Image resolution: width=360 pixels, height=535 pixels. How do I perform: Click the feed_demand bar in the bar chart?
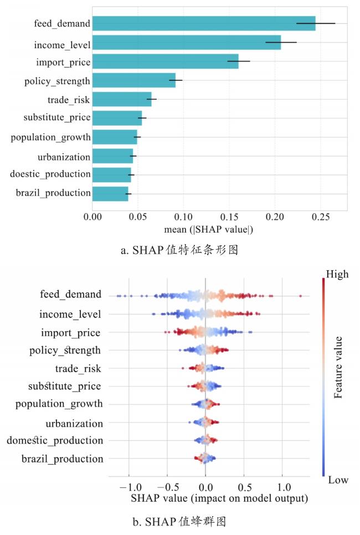pyautogui.click(x=203, y=23)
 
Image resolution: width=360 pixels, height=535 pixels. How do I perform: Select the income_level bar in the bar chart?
pyautogui.click(x=186, y=43)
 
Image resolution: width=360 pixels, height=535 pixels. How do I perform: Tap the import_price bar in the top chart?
pyautogui.click(x=165, y=61)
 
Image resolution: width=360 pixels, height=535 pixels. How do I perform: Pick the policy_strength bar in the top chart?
pyautogui.click(x=133, y=80)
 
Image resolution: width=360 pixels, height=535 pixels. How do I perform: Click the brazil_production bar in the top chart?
pyautogui.click(x=110, y=193)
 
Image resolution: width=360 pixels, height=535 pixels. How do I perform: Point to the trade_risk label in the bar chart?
pyautogui.click(x=69, y=100)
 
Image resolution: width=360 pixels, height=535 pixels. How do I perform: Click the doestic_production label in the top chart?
pyautogui.click(x=50, y=174)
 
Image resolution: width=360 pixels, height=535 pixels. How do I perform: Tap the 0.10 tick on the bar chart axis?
pyautogui.click(x=184, y=217)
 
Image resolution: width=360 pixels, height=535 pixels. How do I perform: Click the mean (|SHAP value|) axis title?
pyautogui.click(x=208, y=229)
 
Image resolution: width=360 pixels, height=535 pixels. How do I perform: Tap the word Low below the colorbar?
pyautogui.click(x=338, y=480)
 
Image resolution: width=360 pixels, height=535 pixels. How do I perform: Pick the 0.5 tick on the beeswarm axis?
pyautogui.click(x=244, y=487)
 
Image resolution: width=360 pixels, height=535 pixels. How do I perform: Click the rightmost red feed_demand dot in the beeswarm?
pyautogui.click(x=300, y=296)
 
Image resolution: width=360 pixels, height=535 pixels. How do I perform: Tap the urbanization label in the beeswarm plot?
pyautogui.click(x=74, y=424)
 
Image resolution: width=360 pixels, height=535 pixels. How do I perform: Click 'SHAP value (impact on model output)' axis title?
pyautogui.click(x=219, y=498)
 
